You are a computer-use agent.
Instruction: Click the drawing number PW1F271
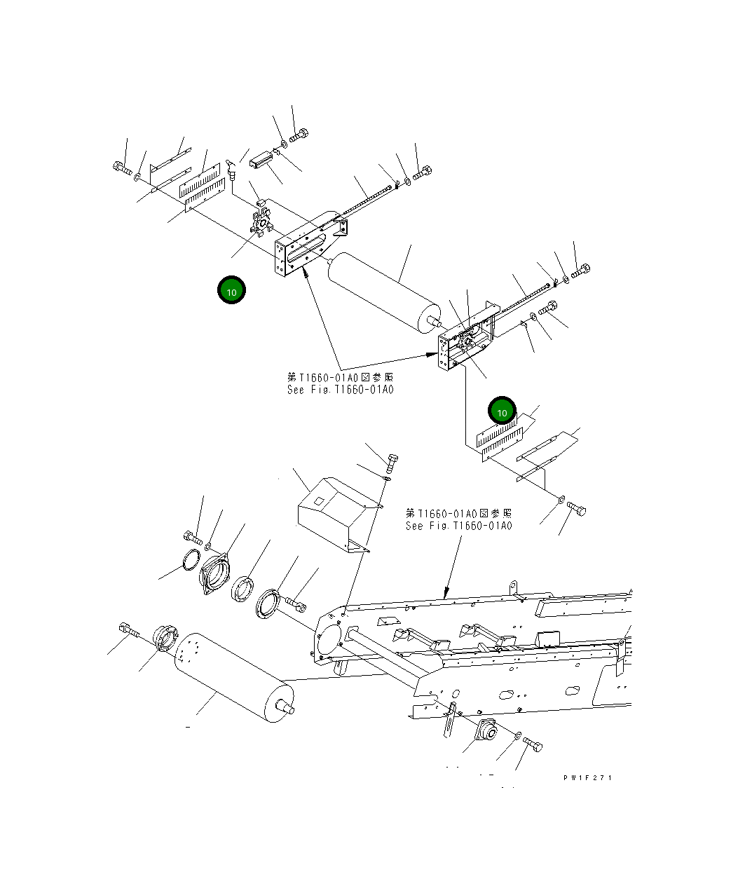587,777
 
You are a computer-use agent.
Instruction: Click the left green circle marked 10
231,290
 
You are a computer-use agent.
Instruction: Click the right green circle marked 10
502,412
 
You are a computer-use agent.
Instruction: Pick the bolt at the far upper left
121,168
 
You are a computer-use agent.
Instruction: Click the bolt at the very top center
299,135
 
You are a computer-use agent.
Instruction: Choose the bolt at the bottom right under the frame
533,744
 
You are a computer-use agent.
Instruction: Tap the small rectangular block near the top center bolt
259,160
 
